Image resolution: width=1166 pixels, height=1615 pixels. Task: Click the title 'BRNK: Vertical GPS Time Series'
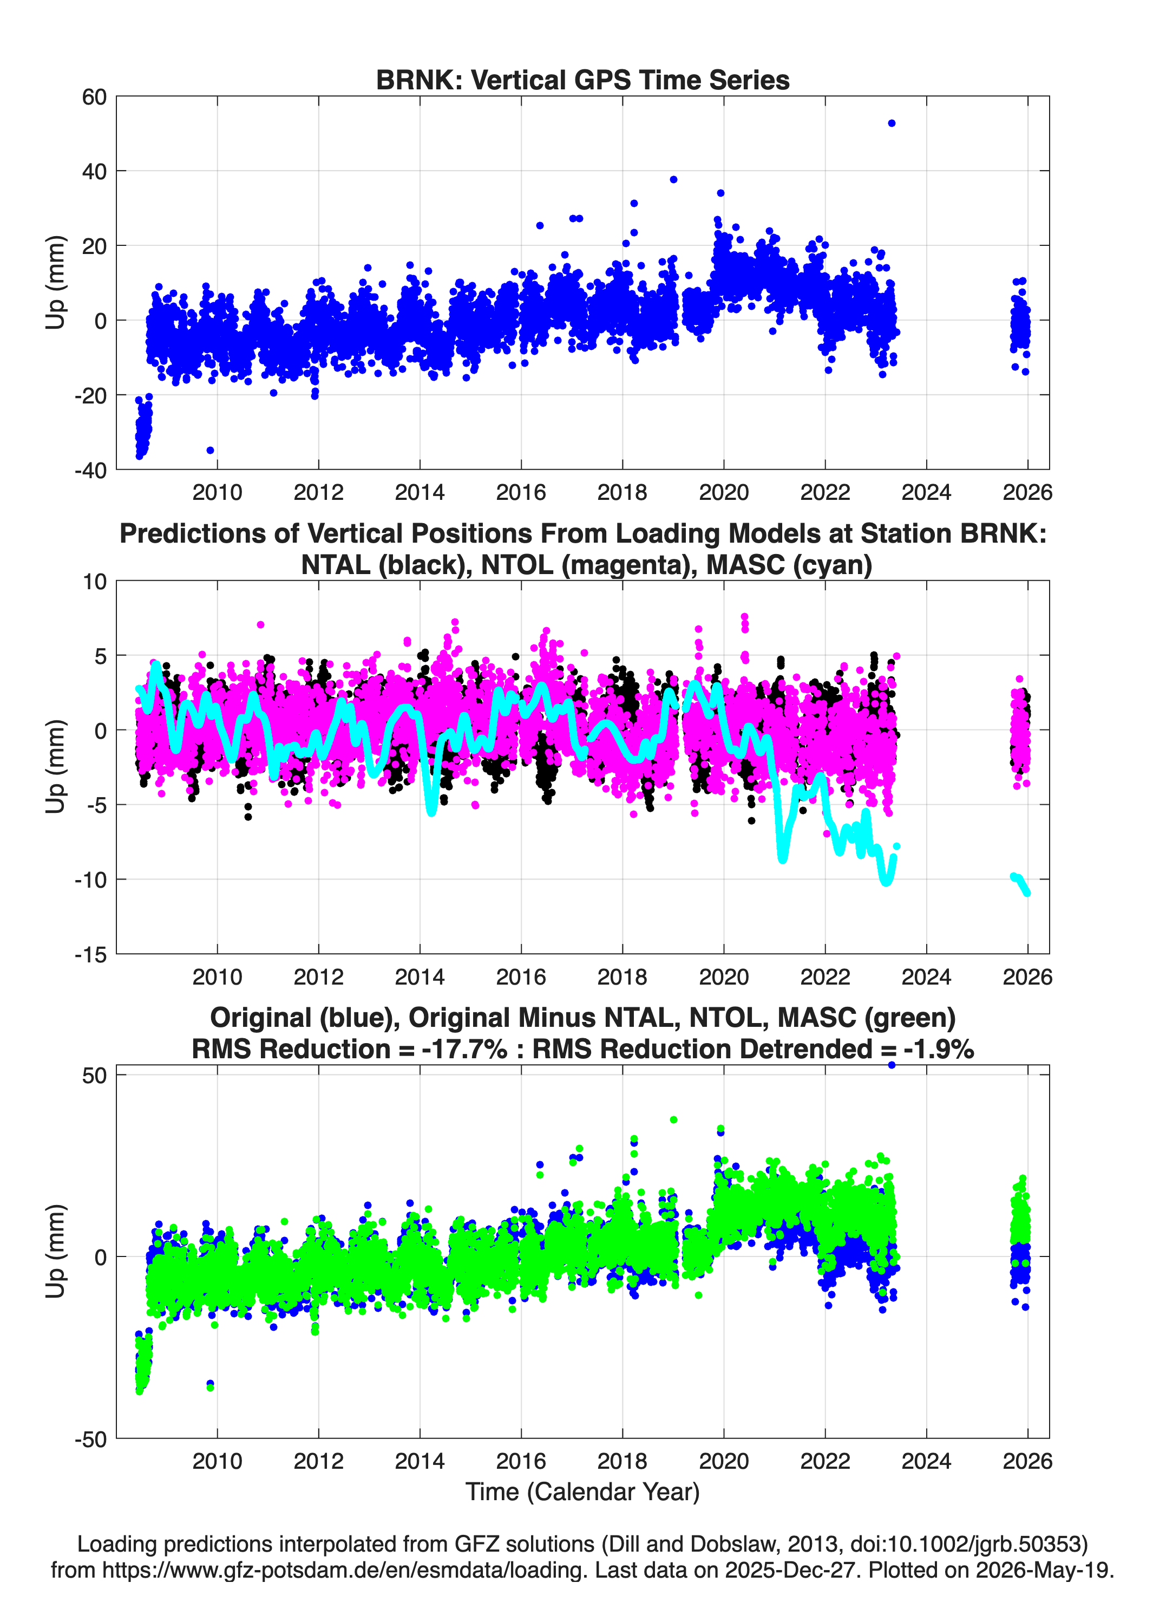(x=582, y=80)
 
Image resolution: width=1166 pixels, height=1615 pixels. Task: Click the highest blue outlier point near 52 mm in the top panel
(x=891, y=123)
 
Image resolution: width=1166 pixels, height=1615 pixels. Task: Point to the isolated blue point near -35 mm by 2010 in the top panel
(x=210, y=450)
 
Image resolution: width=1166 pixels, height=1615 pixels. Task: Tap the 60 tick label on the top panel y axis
(x=94, y=97)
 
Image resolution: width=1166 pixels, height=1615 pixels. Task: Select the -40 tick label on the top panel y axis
(x=90, y=470)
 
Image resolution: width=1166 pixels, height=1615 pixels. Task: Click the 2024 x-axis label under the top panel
(x=926, y=492)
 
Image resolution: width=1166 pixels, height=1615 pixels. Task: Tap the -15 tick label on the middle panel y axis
(x=90, y=954)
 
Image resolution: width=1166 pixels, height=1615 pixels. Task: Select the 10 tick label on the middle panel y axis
(x=94, y=582)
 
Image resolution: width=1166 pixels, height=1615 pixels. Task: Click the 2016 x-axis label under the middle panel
(x=521, y=976)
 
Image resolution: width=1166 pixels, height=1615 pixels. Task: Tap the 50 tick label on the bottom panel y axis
(x=94, y=1075)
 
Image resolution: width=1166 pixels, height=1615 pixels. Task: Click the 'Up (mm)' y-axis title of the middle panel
(x=56, y=766)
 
